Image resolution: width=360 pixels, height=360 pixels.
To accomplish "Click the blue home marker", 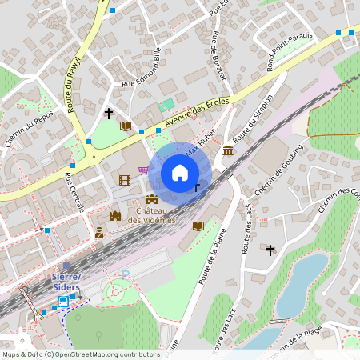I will pos(180,173).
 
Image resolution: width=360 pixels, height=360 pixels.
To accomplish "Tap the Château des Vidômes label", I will pos(151,215).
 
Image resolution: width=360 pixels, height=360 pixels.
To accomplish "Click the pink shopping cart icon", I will pos(143,170).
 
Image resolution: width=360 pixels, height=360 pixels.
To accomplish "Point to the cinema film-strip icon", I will pos(124,180).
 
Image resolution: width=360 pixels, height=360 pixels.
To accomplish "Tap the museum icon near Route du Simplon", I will pos(228,151).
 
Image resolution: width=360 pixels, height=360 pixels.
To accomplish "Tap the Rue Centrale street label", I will pos(74,192).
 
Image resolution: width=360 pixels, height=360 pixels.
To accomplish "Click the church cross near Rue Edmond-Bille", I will pos(109,114).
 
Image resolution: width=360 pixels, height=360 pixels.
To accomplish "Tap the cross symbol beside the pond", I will pos(270,250).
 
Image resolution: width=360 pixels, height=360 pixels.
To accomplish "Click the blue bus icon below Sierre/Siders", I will pos(62,302).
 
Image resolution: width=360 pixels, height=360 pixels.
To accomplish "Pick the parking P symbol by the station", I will pos(126,274).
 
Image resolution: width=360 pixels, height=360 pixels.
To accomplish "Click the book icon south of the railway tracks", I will pos(198,226).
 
